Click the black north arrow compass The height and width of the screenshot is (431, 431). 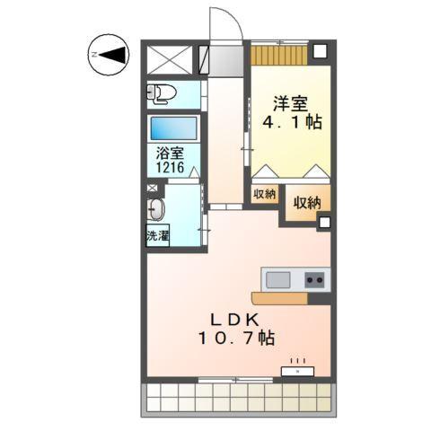point(110,56)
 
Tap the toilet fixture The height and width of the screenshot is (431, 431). point(163,93)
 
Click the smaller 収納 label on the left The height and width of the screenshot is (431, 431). point(264,193)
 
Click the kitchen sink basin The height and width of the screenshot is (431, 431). point(278,279)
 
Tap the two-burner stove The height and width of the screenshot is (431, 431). point(314,279)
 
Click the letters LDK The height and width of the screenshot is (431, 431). point(235,320)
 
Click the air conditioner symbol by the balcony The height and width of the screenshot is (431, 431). point(298,368)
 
